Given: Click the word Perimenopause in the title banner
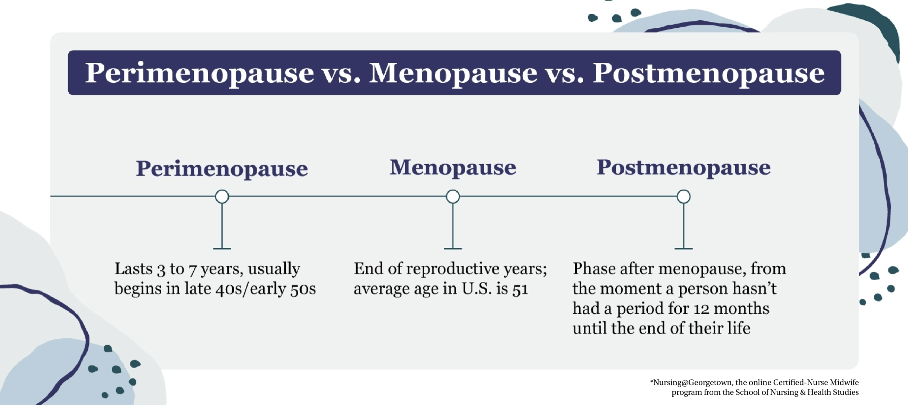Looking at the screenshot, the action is (200, 73).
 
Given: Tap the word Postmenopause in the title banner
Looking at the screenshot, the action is (708, 73).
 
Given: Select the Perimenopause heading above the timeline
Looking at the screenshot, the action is (222, 169).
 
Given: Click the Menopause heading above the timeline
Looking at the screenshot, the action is (453, 168).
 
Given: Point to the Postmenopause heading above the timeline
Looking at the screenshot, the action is (683, 168).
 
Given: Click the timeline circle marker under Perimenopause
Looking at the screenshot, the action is (222, 196).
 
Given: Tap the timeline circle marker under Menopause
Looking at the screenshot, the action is (453, 196).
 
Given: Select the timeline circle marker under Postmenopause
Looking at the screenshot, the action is (683, 196).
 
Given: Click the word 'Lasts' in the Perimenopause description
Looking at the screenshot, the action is (134, 268).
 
